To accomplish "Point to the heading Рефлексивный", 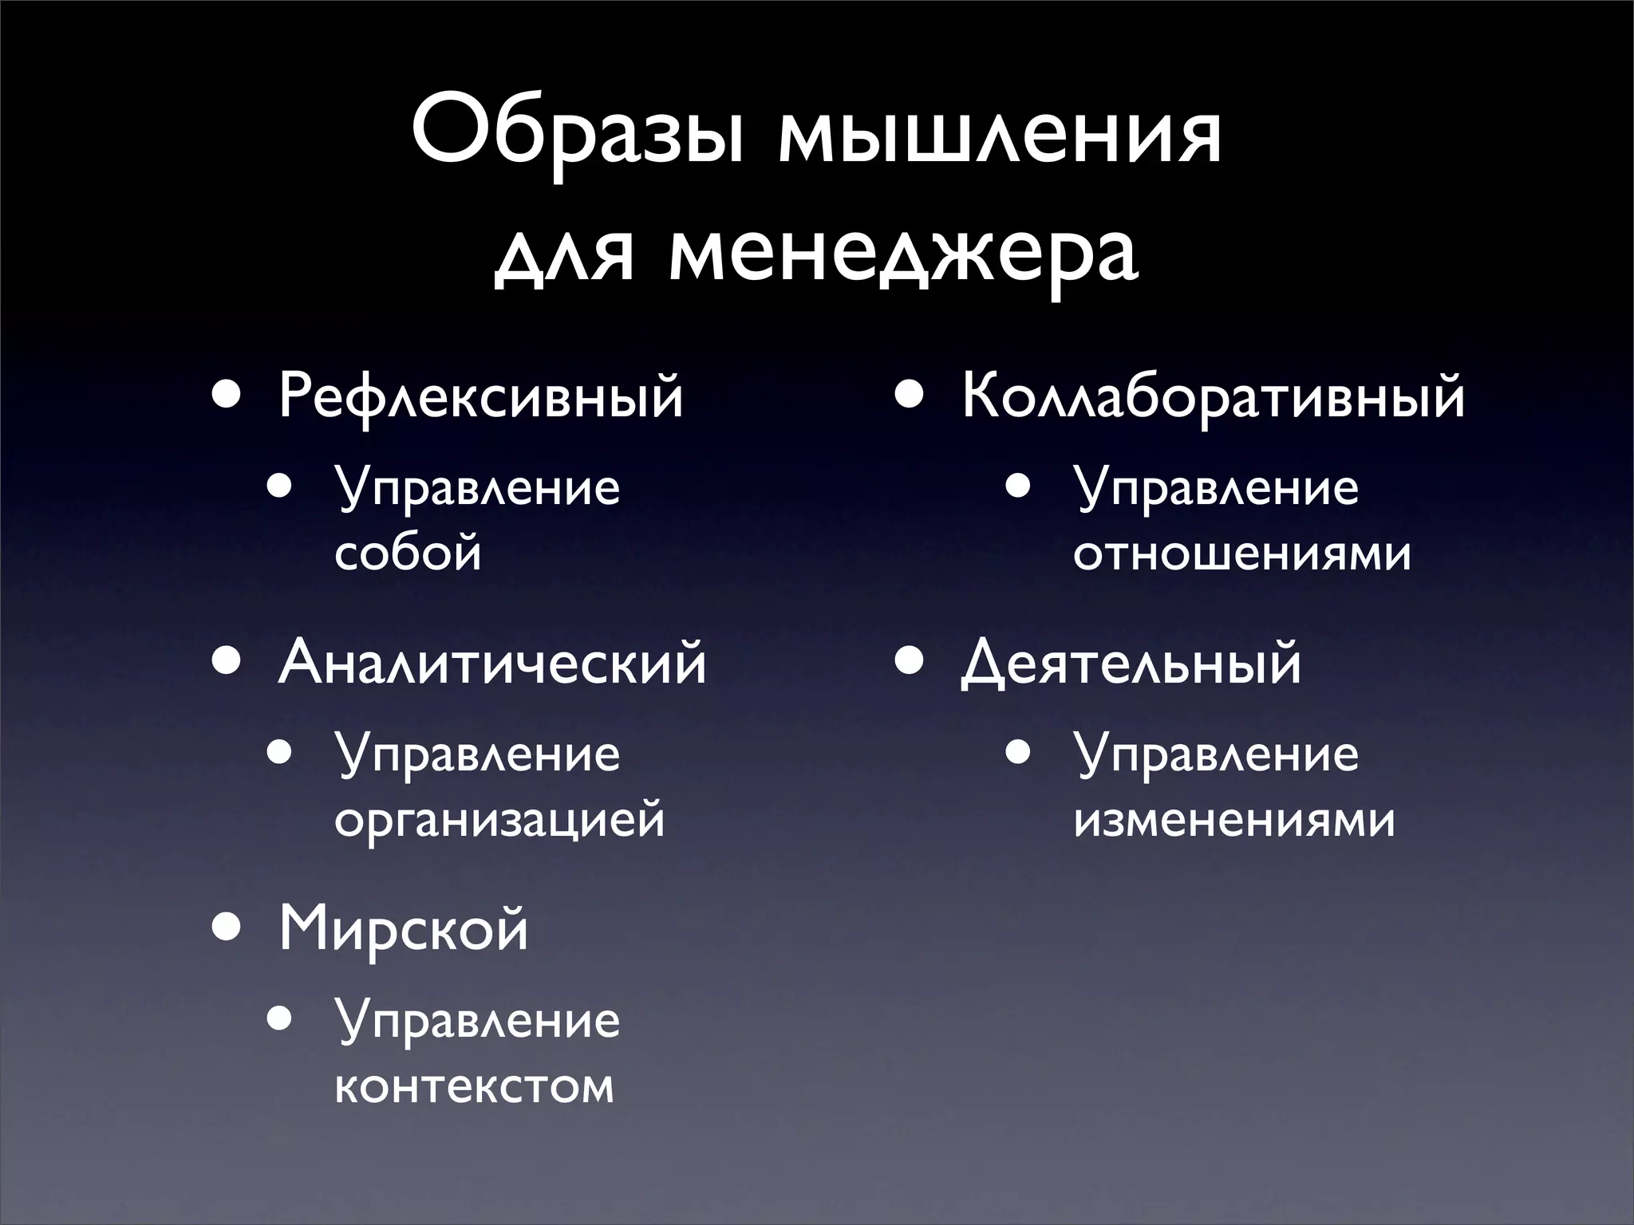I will point(480,396).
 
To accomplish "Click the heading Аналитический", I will point(492,663).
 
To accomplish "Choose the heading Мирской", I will point(403,930).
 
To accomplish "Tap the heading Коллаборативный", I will point(1214,396).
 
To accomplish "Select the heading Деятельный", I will point(1131,663).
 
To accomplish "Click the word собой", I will point(408,552).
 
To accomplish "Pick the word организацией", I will point(499,819).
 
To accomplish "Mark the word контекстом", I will point(475,1085).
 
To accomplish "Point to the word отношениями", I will point(1242,552).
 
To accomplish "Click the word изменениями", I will point(1235,819).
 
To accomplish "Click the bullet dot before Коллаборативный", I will point(910,395).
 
